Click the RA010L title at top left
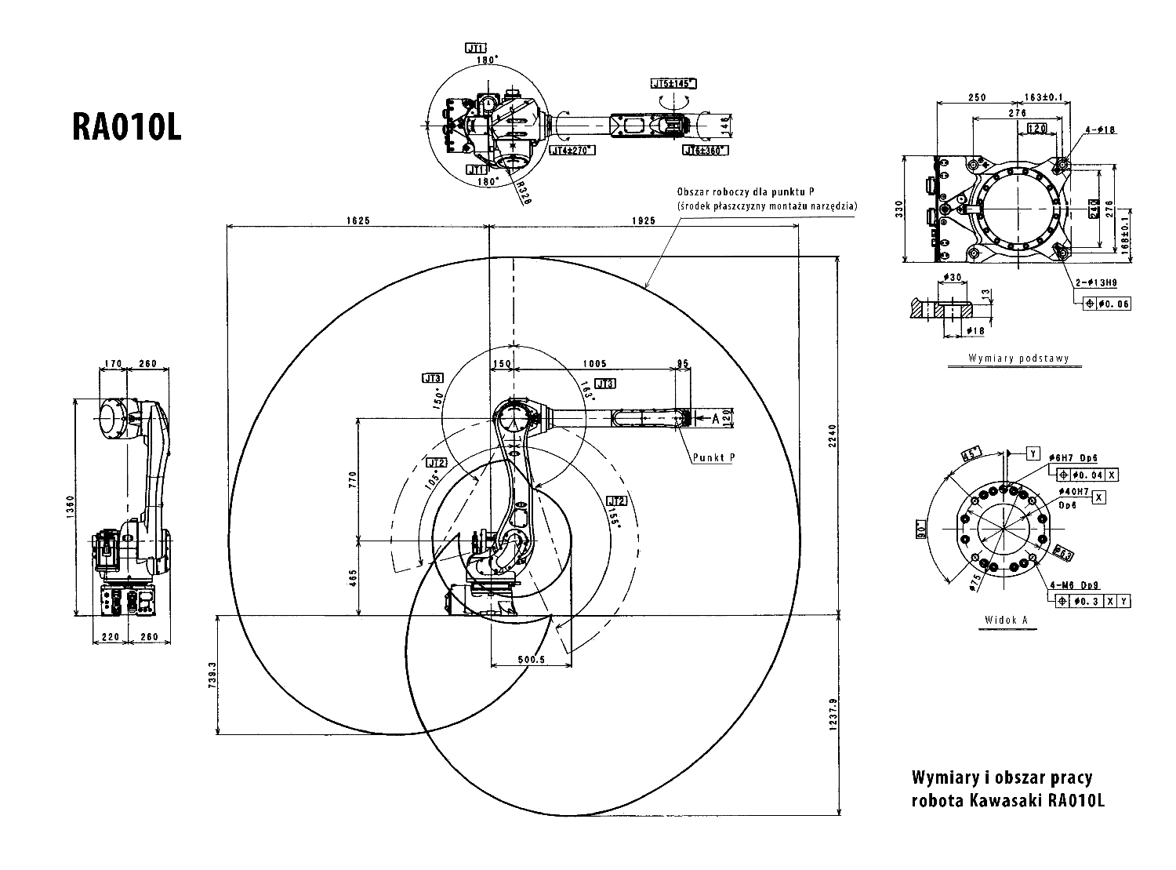point(126,126)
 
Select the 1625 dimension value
point(359,220)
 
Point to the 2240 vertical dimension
point(833,435)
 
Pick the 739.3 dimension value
point(211,675)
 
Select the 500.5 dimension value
point(531,660)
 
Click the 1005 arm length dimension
point(594,363)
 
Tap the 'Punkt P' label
point(713,457)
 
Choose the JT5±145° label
point(673,83)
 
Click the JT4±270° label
point(572,150)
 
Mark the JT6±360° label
point(705,150)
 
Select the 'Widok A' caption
point(1006,619)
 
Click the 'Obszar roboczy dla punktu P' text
point(745,191)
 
